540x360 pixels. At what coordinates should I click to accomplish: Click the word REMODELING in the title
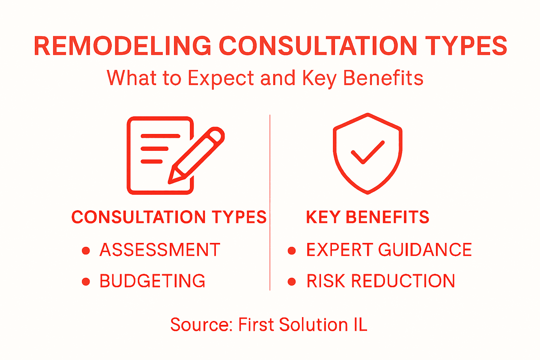[x=122, y=46]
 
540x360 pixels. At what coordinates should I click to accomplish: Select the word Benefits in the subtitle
[x=383, y=78]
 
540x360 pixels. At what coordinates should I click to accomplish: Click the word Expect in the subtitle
[x=220, y=78]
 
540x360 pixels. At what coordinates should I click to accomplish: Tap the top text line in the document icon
[x=160, y=136]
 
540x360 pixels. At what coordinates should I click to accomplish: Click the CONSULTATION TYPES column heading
[x=169, y=217]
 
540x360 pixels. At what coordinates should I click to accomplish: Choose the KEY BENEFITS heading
[x=368, y=217]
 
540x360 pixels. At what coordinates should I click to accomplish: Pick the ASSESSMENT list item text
[x=160, y=250]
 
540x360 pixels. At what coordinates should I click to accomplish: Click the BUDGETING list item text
[x=152, y=281]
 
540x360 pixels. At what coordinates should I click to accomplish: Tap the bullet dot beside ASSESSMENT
[x=86, y=251]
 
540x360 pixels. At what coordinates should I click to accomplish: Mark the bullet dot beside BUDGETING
[x=86, y=282]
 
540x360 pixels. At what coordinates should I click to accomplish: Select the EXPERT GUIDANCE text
[x=389, y=250]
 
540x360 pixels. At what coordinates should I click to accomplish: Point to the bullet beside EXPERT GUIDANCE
[x=291, y=251]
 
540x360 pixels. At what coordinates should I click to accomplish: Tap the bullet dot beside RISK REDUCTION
[x=291, y=282]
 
